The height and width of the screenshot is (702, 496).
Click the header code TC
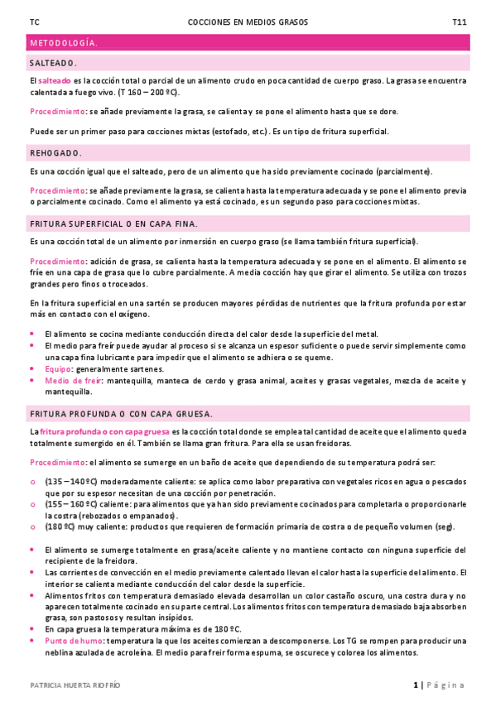[33, 22]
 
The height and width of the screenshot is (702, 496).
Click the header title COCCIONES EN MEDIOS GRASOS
[248, 22]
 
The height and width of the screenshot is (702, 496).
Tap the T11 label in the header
[459, 22]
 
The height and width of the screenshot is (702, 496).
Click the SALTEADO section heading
[53, 62]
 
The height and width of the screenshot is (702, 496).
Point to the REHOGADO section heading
[55, 153]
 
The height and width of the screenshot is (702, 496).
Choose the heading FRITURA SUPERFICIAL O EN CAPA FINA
[113, 224]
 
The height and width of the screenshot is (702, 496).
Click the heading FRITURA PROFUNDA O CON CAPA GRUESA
[121, 413]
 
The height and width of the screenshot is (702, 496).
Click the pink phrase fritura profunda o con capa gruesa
[105, 432]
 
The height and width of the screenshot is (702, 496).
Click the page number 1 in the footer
[415, 685]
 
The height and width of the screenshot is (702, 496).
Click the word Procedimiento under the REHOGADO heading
[57, 190]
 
